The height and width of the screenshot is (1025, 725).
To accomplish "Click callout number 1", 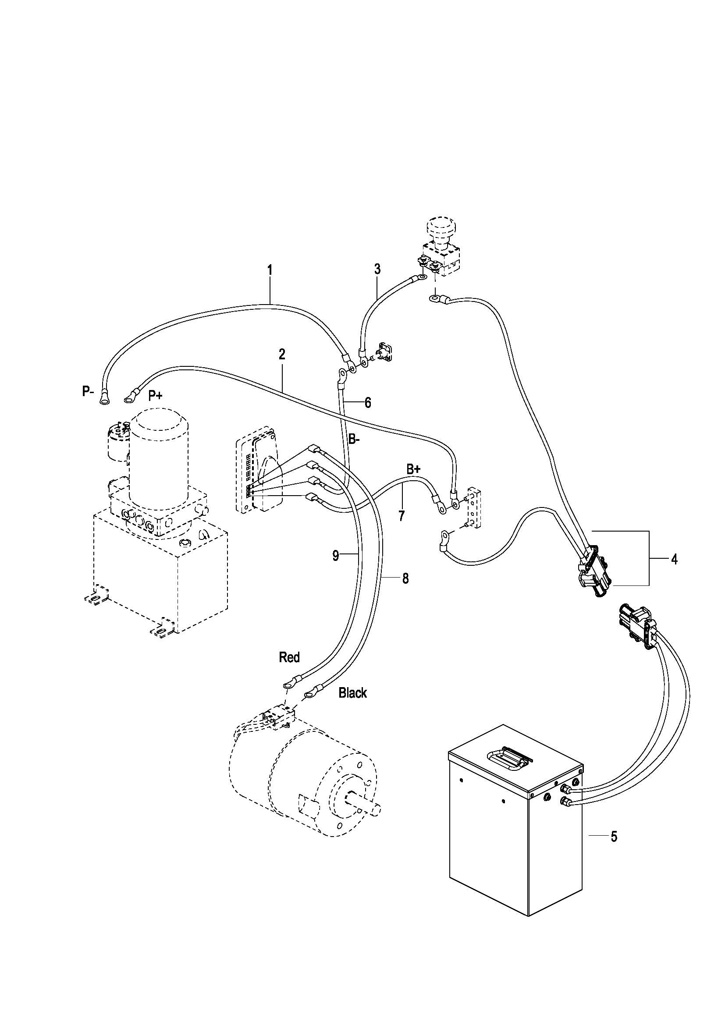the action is click(270, 270).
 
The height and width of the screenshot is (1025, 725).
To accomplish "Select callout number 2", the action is click(282, 355).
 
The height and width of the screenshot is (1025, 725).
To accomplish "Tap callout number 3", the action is click(377, 269).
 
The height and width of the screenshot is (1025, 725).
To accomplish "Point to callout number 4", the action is click(674, 558).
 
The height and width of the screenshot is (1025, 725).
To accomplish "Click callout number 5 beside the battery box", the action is click(614, 837).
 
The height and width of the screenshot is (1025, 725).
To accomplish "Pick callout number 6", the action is click(367, 403).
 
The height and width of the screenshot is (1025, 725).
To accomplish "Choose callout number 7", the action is click(402, 516).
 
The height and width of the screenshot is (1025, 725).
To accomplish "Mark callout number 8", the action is click(405, 578).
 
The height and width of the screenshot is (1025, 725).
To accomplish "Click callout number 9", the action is click(336, 556).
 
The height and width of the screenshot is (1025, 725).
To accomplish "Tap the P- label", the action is click(88, 391).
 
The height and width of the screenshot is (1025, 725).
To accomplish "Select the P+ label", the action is click(155, 396).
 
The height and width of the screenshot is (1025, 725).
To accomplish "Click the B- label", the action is click(354, 439).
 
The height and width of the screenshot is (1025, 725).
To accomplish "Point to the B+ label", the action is click(413, 469).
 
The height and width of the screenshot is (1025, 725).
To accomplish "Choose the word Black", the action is click(353, 693).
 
